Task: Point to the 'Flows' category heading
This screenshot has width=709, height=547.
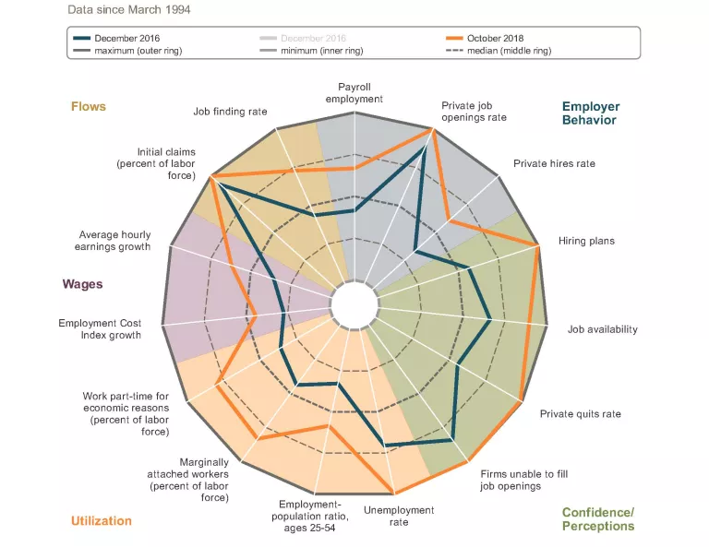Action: coord(89,106)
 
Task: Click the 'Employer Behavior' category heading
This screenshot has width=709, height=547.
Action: coord(590,113)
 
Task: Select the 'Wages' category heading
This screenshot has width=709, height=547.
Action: coord(82,284)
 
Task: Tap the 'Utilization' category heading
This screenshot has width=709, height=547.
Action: coord(102,520)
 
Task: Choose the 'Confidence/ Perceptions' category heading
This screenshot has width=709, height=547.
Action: coord(598,518)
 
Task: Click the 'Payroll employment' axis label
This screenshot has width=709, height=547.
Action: coord(354,91)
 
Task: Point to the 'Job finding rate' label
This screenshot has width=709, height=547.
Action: coord(230,112)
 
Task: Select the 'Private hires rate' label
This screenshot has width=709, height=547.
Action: coord(554,163)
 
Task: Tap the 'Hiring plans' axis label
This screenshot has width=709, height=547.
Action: coord(586,241)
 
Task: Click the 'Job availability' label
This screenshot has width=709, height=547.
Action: coord(602,329)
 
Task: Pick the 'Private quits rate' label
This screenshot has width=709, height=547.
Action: coord(580,413)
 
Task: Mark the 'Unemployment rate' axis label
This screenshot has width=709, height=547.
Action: coord(399,516)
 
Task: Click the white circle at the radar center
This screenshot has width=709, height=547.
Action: coord(354,303)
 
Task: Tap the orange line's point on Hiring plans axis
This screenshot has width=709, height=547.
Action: coord(537,244)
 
